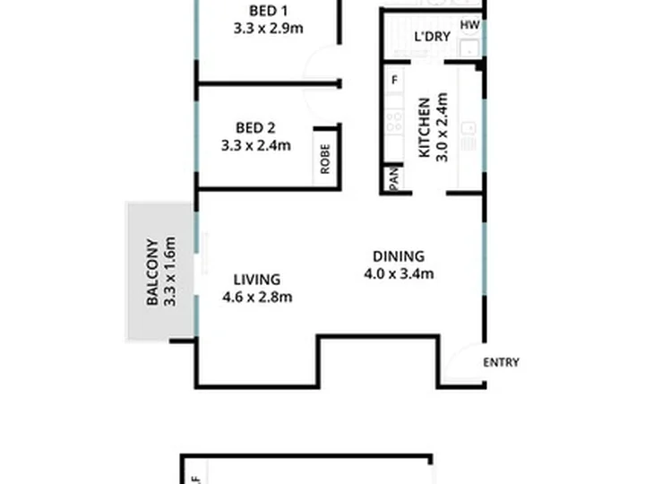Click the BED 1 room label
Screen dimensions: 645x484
pyautogui.click(x=269, y=11)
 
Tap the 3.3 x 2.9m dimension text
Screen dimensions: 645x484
pyautogui.click(x=269, y=29)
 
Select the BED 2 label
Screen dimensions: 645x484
pyautogui.click(x=255, y=128)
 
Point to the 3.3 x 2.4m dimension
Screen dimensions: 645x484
pyautogui.click(x=256, y=145)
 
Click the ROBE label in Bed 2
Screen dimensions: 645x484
pyautogui.click(x=325, y=159)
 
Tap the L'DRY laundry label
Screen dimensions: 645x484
pyautogui.click(x=433, y=37)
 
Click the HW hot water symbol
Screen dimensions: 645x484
pyautogui.click(x=469, y=25)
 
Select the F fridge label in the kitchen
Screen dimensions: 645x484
pyautogui.click(x=395, y=80)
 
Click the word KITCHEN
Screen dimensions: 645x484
pyautogui.click(x=425, y=127)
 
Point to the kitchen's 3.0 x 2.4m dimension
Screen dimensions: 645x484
pyautogui.click(x=442, y=127)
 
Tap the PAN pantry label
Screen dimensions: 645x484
pyautogui.click(x=393, y=178)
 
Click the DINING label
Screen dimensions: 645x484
pyautogui.click(x=399, y=256)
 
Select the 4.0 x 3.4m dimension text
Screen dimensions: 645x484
pyautogui.click(x=399, y=273)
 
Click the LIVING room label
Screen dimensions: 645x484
pyautogui.click(x=257, y=280)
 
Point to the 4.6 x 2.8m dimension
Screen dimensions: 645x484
pyautogui.click(x=257, y=297)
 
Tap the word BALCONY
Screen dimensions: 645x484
pyautogui.click(x=152, y=272)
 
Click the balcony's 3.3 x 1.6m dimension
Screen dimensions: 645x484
pyautogui.click(x=170, y=272)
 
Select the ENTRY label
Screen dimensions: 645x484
pyautogui.click(x=501, y=363)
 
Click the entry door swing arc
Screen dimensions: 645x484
pyautogui.click(x=452, y=358)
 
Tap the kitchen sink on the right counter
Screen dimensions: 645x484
pyautogui.click(x=469, y=128)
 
